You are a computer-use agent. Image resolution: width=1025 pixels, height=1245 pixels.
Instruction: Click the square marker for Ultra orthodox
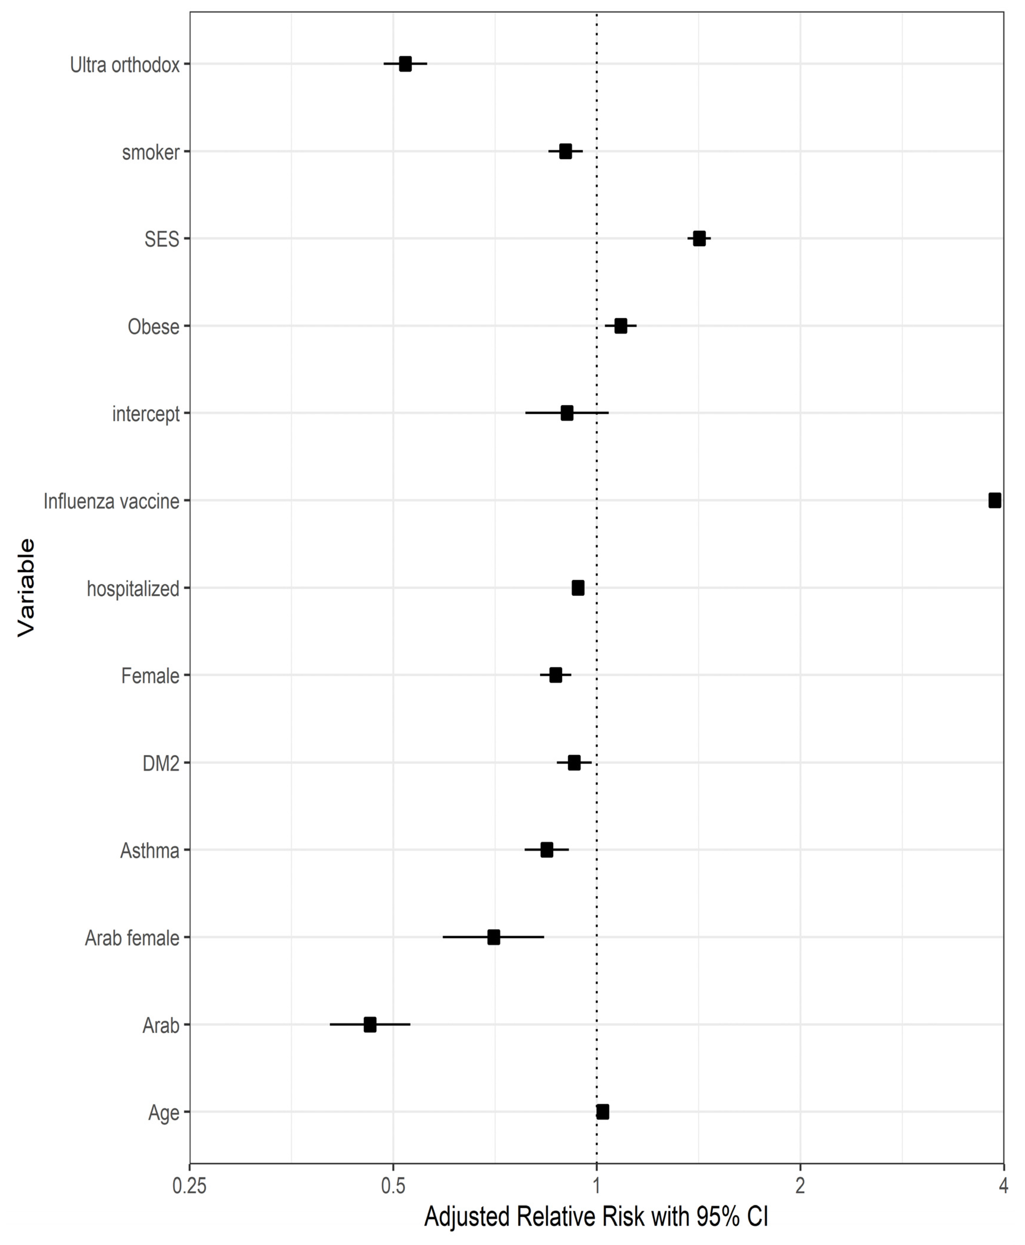coord(405,64)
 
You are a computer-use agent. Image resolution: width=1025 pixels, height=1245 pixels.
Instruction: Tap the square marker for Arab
coord(370,1025)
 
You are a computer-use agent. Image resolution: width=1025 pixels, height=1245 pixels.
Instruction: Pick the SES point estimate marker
coord(699,238)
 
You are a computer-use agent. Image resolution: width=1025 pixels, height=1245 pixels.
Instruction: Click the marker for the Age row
coord(602,1112)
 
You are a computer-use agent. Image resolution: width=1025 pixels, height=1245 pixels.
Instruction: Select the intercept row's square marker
coord(567,413)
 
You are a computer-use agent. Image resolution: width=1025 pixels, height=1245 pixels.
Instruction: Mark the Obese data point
coord(621,326)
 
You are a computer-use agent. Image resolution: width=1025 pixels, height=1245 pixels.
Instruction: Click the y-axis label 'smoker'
coord(151,152)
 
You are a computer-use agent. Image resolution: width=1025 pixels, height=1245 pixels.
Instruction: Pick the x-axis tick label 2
coord(800,1187)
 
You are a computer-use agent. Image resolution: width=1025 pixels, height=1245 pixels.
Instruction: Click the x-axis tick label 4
coord(1003,1187)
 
